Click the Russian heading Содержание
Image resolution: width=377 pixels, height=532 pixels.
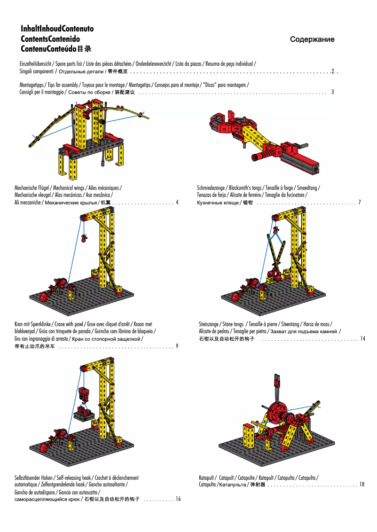[x=312, y=39]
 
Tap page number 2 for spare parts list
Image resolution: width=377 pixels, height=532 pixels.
[x=333, y=71]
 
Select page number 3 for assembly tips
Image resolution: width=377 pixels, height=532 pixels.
[x=332, y=92]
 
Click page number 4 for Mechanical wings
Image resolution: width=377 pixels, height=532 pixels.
[x=177, y=203]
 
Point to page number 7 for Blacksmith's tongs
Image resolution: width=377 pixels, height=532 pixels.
[x=359, y=203]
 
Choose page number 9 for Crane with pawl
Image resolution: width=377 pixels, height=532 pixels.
[x=177, y=346]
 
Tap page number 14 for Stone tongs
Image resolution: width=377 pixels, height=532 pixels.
[x=362, y=338]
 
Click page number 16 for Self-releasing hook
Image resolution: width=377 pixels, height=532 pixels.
[x=178, y=499]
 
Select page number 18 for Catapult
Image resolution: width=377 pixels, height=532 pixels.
[x=361, y=485]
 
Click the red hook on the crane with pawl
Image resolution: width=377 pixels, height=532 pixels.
[x=84, y=239]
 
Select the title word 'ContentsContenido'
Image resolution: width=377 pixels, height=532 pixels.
[x=50, y=39]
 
